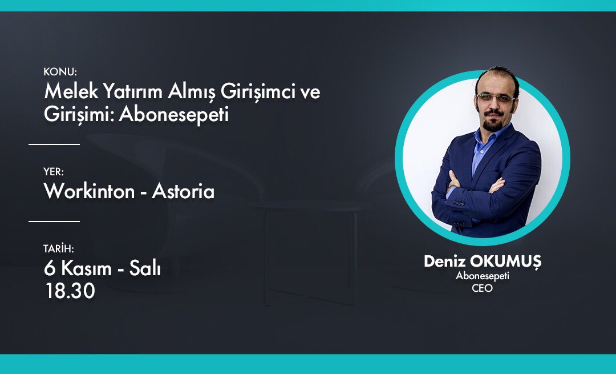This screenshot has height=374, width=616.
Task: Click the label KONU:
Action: [60, 72]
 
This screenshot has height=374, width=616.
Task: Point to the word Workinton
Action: [88, 191]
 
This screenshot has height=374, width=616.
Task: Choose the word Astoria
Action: [183, 191]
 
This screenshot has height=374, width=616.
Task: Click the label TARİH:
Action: [59, 249]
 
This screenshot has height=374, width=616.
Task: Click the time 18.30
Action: [70, 291]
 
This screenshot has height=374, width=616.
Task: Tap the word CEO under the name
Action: [482, 288]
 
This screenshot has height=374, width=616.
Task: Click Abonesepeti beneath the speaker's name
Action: [482, 276]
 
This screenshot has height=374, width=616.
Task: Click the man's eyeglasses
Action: [495, 98]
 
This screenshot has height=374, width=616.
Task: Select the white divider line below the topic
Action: [54, 144]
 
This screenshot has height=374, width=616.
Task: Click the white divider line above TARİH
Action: [54, 221]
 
